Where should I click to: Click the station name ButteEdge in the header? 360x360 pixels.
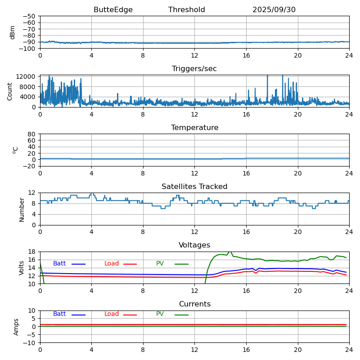click(113, 10)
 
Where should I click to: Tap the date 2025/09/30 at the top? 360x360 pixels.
click(274, 10)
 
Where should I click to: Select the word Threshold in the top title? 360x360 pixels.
click(187, 10)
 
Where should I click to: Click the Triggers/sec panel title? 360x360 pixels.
click(194, 69)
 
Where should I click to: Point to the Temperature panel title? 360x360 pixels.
click(194, 128)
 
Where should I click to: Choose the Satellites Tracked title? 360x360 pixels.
click(194, 187)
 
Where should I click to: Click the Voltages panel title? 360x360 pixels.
click(194, 245)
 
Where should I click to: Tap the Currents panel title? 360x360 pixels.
click(194, 304)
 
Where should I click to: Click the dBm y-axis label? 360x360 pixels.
click(13, 32)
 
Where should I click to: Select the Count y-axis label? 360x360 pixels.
click(10, 91)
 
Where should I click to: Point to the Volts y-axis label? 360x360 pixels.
click(22, 268)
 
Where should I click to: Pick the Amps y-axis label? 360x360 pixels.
click(16, 327)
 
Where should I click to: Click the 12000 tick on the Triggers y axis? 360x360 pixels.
click(27, 77)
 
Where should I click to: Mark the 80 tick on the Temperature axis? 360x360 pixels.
click(32, 134)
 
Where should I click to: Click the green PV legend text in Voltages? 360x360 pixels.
click(160, 264)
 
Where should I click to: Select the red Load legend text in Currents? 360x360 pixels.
click(112, 314)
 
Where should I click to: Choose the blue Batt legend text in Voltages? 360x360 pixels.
click(59, 264)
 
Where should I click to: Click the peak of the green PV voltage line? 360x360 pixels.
click(230, 252)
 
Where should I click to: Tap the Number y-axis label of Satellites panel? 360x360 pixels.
click(22, 209)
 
